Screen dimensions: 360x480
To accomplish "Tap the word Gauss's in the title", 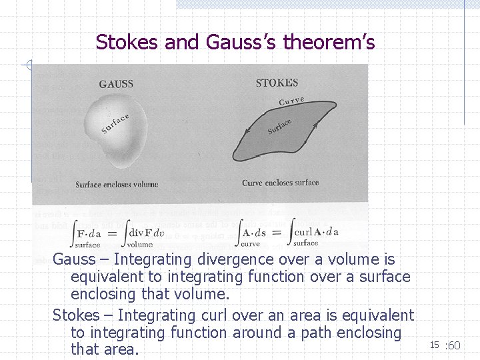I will (x=241, y=43).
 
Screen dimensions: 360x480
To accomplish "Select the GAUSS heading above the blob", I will (x=116, y=85).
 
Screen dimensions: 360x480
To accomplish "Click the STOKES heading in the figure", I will (x=277, y=83).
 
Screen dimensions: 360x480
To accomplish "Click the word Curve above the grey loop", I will (x=291, y=101).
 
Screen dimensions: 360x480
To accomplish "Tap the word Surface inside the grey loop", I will (x=279, y=126).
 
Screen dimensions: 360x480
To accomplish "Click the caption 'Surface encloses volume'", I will (x=117, y=185).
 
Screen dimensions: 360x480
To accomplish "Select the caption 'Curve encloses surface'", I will (x=280, y=183).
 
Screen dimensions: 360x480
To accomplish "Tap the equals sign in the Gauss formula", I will (x=113, y=233).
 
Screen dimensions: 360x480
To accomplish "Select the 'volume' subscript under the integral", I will (x=140, y=245).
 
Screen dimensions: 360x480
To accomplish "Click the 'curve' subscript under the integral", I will (x=250, y=244).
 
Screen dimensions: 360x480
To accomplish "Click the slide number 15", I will (x=434, y=345).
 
